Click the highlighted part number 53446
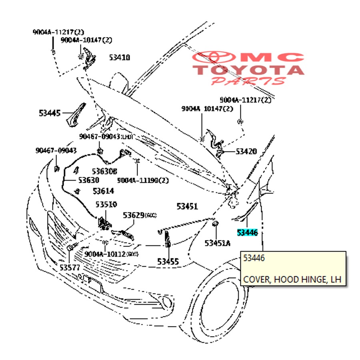point(247,232)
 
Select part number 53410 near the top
point(120,58)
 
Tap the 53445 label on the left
point(50,113)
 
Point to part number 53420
point(246,152)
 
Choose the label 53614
point(103,191)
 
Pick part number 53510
point(106,205)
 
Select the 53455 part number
point(168,262)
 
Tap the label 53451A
point(217,243)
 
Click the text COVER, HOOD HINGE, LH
point(292,279)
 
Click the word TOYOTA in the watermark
point(248,70)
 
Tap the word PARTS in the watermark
point(248,81)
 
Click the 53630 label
point(89,180)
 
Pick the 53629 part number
point(133,216)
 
